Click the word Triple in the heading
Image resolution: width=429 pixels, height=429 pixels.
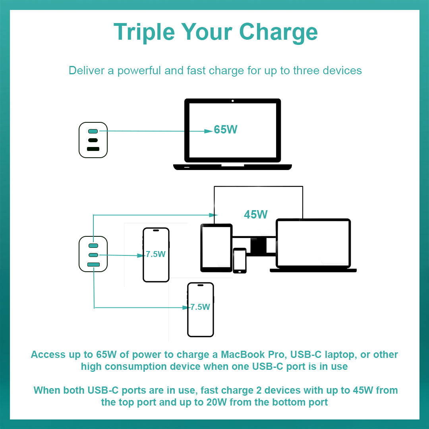click(144, 32)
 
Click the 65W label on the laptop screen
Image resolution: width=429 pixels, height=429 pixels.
click(226, 129)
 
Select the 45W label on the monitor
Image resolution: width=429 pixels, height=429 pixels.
click(255, 214)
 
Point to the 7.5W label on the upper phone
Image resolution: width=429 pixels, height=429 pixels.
click(155, 254)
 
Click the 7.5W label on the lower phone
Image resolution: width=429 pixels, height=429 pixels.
click(200, 307)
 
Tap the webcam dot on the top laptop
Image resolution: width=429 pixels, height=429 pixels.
click(232, 101)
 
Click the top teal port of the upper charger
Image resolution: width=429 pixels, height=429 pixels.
click(93, 131)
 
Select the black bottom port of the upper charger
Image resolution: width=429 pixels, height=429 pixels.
click(93, 149)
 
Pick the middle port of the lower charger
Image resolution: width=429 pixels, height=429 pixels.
click(93, 255)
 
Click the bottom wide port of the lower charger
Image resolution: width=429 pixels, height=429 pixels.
click(93, 264)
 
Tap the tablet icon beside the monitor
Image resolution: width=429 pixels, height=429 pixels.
click(216, 248)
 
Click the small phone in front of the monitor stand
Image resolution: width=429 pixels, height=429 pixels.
click(240, 261)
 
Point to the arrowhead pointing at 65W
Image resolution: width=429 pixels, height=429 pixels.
click(209, 131)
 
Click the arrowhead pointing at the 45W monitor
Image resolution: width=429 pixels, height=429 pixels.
click(213, 215)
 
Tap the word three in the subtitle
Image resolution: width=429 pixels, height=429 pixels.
click(306, 71)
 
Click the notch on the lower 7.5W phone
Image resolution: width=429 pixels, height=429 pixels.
click(201, 285)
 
